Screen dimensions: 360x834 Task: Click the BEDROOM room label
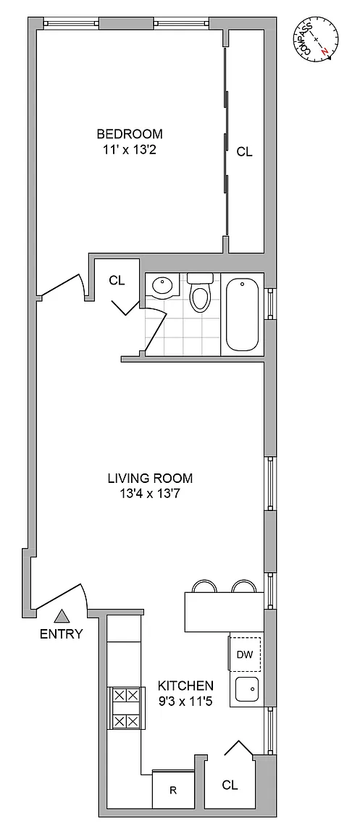click(x=130, y=133)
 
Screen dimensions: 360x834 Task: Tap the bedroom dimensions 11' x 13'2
click(x=130, y=150)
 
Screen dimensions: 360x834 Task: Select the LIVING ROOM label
click(x=150, y=478)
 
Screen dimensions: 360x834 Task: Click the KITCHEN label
click(x=186, y=685)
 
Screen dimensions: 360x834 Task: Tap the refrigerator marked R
click(x=172, y=791)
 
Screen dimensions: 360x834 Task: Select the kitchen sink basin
click(x=246, y=690)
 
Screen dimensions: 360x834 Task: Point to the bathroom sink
click(x=164, y=287)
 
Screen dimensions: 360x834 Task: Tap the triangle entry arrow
click(x=63, y=616)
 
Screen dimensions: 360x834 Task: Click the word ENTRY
click(x=62, y=633)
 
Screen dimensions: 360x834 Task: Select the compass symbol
click(x=315, y=39)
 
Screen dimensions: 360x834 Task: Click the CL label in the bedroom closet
click(x=244, y=152)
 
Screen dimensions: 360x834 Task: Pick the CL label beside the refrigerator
click(x=230, y=785)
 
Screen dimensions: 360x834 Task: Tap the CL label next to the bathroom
click(x=117, y=281)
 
